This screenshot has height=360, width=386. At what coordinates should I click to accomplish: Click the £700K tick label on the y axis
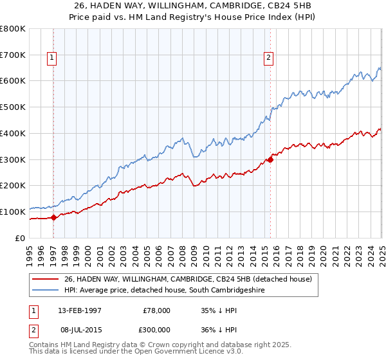[x=14, y=55]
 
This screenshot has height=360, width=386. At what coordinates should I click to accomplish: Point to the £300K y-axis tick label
[x=14, y=159]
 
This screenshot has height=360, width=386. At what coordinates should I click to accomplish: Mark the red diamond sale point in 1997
[x=54, y=217]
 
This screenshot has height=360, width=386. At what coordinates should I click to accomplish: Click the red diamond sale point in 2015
[x=270, y=159]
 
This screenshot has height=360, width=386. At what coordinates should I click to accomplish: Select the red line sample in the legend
[x=45, y=279]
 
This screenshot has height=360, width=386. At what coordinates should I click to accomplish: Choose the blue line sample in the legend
[x=45, y=291]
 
